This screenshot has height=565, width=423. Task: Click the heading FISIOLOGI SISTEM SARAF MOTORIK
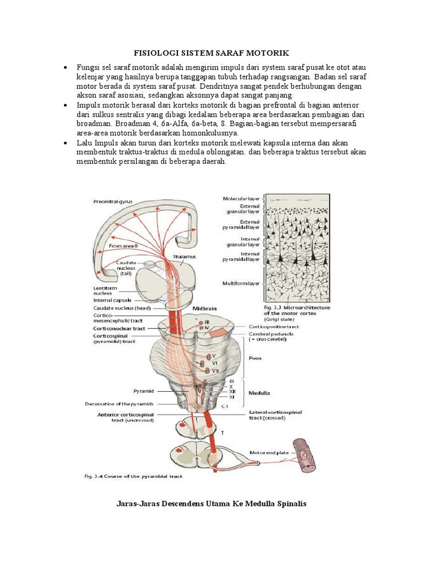[211, 53]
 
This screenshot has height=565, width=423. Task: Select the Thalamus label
[185, 257]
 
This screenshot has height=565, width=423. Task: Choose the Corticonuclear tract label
[120, 328]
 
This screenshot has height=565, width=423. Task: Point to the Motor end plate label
[269, 452]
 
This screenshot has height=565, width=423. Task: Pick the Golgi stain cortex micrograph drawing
[297, 248]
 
